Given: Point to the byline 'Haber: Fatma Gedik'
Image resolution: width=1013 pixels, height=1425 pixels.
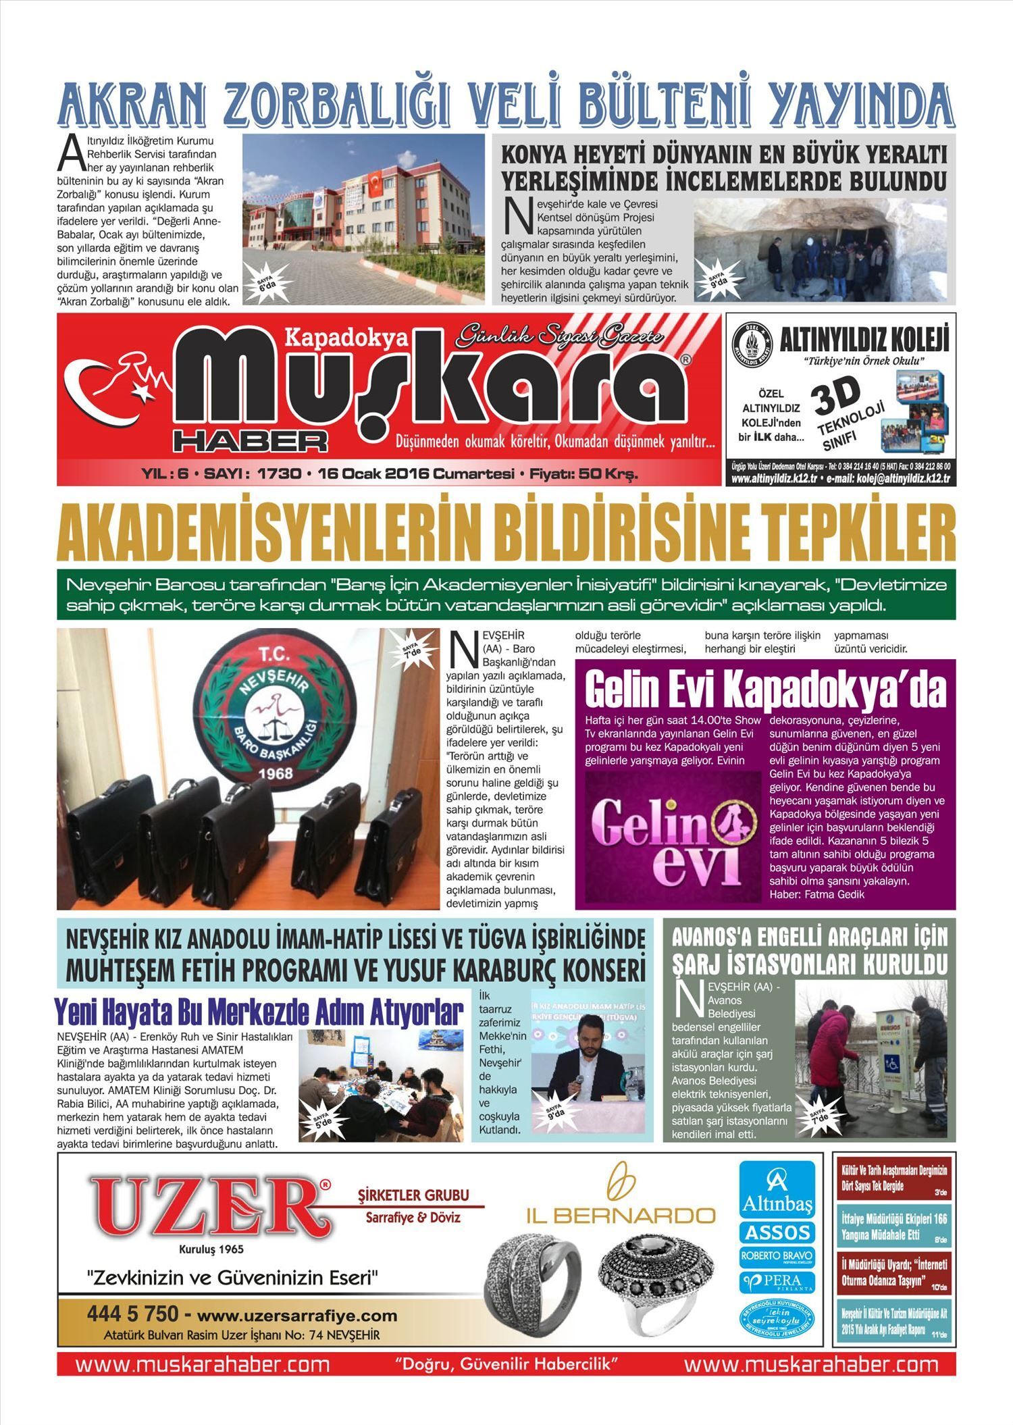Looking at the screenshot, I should point(816,894).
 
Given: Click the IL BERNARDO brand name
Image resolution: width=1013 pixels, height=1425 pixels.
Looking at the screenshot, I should point(621,1216).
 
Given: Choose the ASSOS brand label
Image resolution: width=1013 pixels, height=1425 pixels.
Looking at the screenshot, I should point(777,1232).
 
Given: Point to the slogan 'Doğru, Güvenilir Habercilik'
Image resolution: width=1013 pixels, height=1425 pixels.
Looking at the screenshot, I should point(506,1363).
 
